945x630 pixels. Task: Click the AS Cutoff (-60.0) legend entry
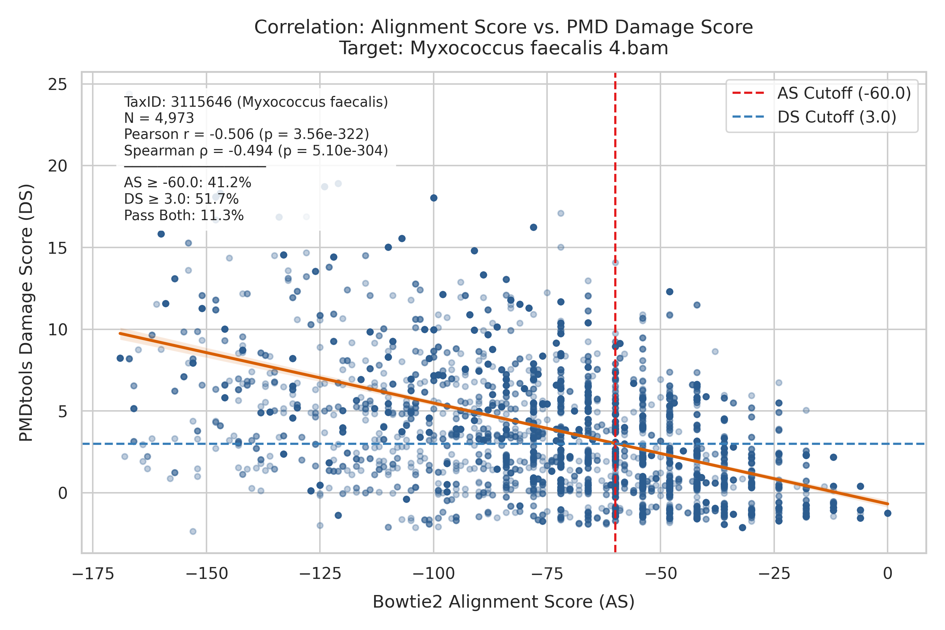point(821,93)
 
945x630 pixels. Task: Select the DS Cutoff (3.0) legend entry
point(814,117)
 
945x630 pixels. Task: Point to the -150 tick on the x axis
point(206,573)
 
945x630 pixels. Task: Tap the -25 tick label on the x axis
point(774,573)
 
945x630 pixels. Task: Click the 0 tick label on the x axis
point(888,573)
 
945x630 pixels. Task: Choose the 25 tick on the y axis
point(57,84)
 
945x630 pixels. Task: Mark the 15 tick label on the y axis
point(57,248)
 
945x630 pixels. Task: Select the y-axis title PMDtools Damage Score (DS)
point(26,313)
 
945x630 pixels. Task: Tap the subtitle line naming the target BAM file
point(504,48)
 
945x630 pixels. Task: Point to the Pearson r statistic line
point(246,134)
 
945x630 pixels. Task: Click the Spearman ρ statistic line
point(256,150)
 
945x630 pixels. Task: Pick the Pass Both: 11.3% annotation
point(184,215)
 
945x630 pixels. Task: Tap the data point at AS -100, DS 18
point(434,198)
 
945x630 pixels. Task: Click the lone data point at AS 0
point(888,513)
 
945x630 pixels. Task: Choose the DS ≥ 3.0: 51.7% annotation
point(181,199)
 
